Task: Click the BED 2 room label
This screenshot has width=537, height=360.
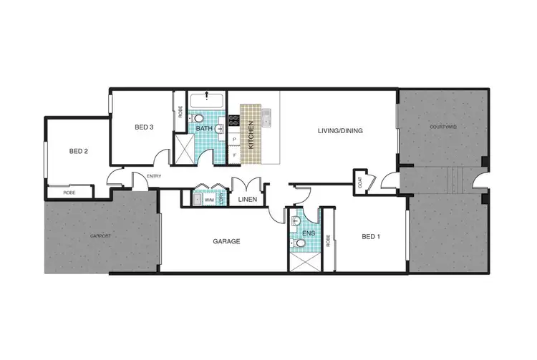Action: point(79,151)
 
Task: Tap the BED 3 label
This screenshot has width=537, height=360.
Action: point(145,127)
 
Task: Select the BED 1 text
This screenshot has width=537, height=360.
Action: point(372,235)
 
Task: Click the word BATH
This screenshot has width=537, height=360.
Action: point(204,129)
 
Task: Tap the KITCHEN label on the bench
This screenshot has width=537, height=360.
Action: point(251,134)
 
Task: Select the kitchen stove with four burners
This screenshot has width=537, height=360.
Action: point(233,121)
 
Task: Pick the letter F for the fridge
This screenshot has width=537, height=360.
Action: point(234,155)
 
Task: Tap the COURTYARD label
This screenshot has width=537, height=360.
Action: point(443,127)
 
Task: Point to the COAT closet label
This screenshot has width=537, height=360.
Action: point(359,182)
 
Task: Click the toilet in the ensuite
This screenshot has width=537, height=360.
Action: point(301,243)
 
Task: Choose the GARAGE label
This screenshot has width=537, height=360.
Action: point(226,242)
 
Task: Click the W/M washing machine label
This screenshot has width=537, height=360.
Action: point(208,200)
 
